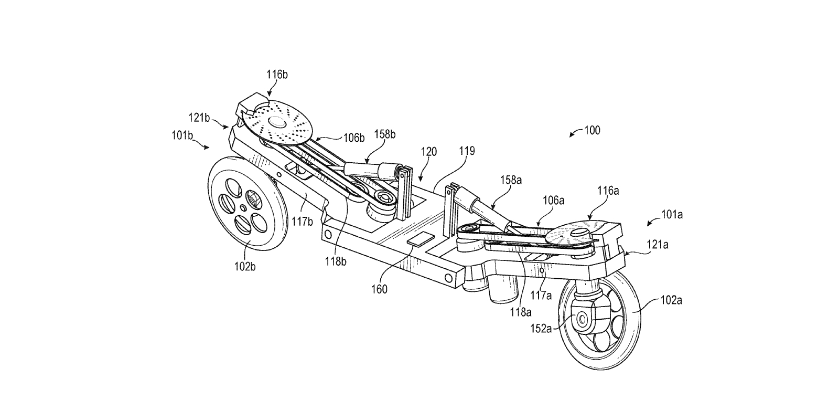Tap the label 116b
tap(276, 75)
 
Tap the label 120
tap(429, 153)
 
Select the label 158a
tap(511, 180)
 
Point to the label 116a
tap(608, 191)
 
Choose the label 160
tap(379, 289)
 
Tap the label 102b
tap(244, 267)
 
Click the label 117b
tap(302, 221)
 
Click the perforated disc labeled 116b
tap(276, 125)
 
